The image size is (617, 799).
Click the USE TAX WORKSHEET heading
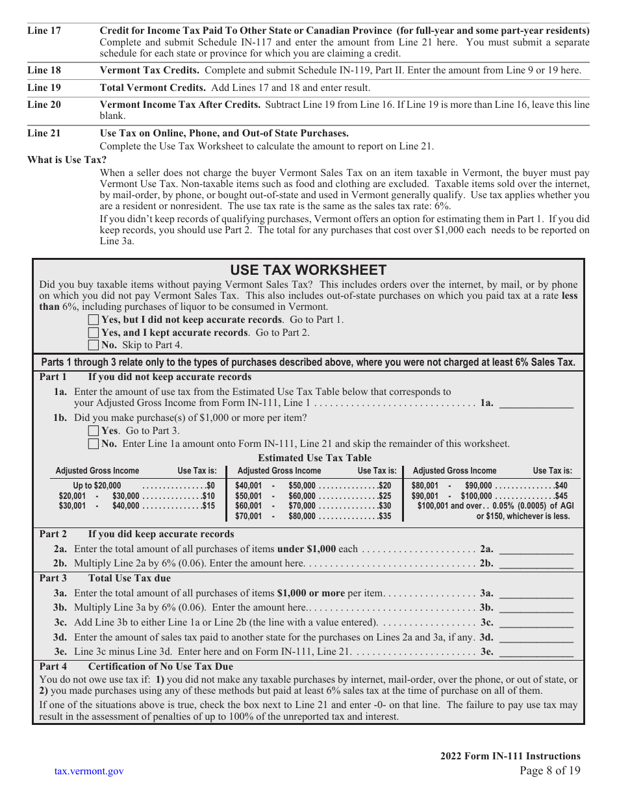coord(308,270)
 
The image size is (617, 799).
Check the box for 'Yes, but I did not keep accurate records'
coord(94,320)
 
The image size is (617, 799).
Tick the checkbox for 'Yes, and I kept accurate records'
coord(94,333)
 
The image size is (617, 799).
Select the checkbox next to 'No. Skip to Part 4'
coord(94,345)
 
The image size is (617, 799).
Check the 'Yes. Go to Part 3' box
coord(94,431)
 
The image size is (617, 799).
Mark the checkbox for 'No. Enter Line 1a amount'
coord(94,444)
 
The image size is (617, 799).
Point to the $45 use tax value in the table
coord(561,496)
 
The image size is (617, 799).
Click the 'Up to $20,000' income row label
coord(97,485)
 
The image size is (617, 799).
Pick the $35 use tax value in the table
coord(385,516)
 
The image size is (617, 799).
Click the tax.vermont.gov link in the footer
coord(89,771)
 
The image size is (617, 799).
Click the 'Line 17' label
coord(44,31)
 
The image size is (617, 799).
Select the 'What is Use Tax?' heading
coord(67,160)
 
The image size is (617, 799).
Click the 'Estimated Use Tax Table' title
coord(315,457)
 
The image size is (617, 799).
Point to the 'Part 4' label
coord(53,666)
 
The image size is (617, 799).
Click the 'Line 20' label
coord(44,105)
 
